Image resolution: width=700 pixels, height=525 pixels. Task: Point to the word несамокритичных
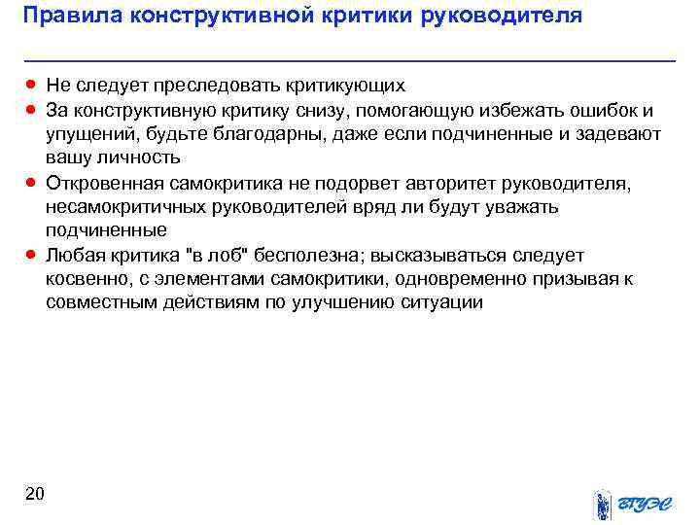122,206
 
